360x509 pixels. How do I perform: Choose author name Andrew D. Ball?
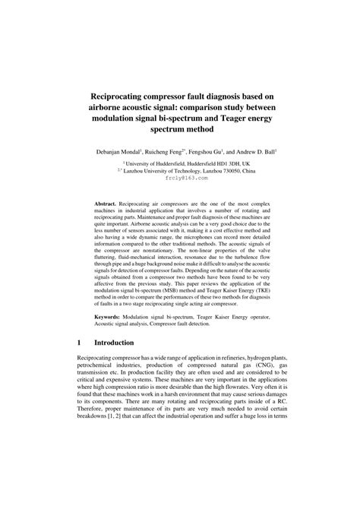(267, 153)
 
